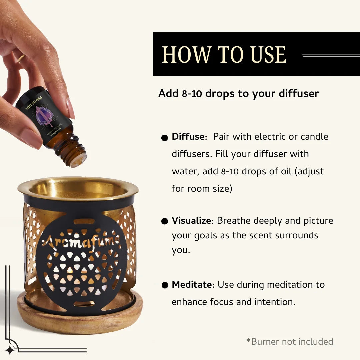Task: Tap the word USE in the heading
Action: pos(268,55)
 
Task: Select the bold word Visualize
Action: pos(191,221)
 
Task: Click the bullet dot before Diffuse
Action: pos(164,138)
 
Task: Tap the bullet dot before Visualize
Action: pos(164,222)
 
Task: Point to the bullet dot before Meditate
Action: pos(164,285)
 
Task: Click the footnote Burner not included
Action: pos(289,342)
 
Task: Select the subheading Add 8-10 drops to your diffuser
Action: pos(238,94)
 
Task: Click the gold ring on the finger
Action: pos(21,59)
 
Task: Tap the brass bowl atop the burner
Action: pos(77,188)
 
